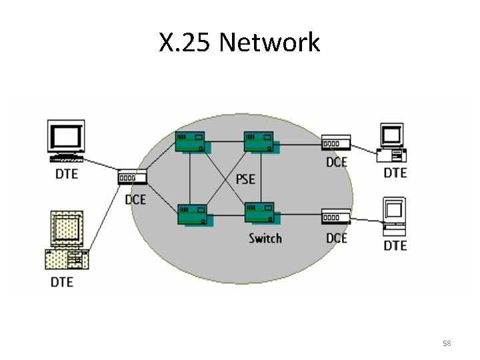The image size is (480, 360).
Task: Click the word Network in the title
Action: tap(269, 43)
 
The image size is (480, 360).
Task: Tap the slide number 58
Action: tap(447, 343)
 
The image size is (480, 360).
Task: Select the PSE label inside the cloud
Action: tap(245, 180)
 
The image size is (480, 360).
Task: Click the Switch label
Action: tap(265, 238)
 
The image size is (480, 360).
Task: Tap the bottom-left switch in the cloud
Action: tap(192, 215)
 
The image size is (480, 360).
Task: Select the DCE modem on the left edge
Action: tap(132, 178)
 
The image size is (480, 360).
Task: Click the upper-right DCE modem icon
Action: tap(336, 143)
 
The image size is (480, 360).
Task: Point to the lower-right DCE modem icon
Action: tap(336, 217)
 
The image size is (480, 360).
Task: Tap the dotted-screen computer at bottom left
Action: tap(67, 240)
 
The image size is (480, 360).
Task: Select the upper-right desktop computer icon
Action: tap(392, 143)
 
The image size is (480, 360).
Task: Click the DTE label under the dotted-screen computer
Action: tap(63, 282)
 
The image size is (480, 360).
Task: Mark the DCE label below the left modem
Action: tap(135, 199)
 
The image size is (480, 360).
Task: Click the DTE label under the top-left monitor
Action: tap(66, 174)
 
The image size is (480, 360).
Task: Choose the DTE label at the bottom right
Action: tap(395, 246)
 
